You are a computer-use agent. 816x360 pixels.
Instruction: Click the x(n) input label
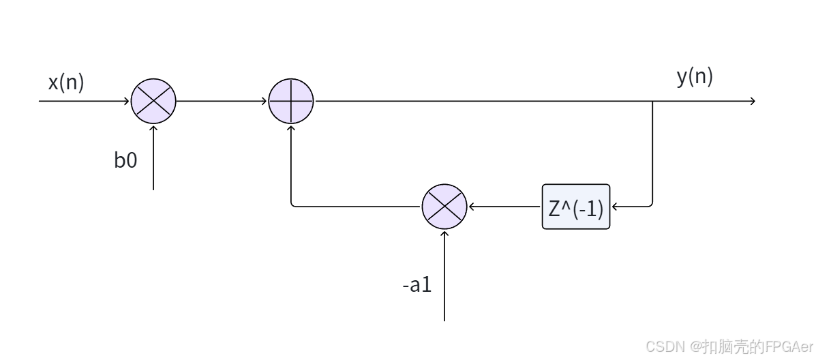pos(66,82)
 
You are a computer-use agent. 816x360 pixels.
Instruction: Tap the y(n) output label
pos(695,77)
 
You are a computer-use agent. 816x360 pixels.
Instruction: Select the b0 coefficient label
pos(125,162)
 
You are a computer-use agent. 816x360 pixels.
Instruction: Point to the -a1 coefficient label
pos(417,284)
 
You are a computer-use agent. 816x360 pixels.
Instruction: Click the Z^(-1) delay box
pos(576,207)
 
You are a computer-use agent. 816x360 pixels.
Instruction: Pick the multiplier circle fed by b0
pos(153,101)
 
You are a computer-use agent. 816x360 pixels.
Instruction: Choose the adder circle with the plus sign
pos(291,101)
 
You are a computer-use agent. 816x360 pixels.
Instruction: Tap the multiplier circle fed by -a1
pos(444,206)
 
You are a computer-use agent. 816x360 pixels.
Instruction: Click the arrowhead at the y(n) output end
pos(753,101)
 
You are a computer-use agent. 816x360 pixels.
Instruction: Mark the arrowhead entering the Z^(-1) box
pos(614,206)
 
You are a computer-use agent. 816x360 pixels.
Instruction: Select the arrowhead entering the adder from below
pos(291,127)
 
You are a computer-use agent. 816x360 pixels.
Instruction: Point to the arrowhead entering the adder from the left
pos(266,101)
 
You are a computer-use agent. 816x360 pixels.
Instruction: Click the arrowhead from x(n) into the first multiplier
pos(127,101)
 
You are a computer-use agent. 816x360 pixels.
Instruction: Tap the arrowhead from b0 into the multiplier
pos(153,127)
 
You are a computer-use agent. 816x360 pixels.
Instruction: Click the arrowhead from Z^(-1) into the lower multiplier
pos(470,206)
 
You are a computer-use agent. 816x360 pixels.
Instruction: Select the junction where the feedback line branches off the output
pos(653,101)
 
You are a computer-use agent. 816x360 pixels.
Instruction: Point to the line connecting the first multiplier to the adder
pos(222,101)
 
